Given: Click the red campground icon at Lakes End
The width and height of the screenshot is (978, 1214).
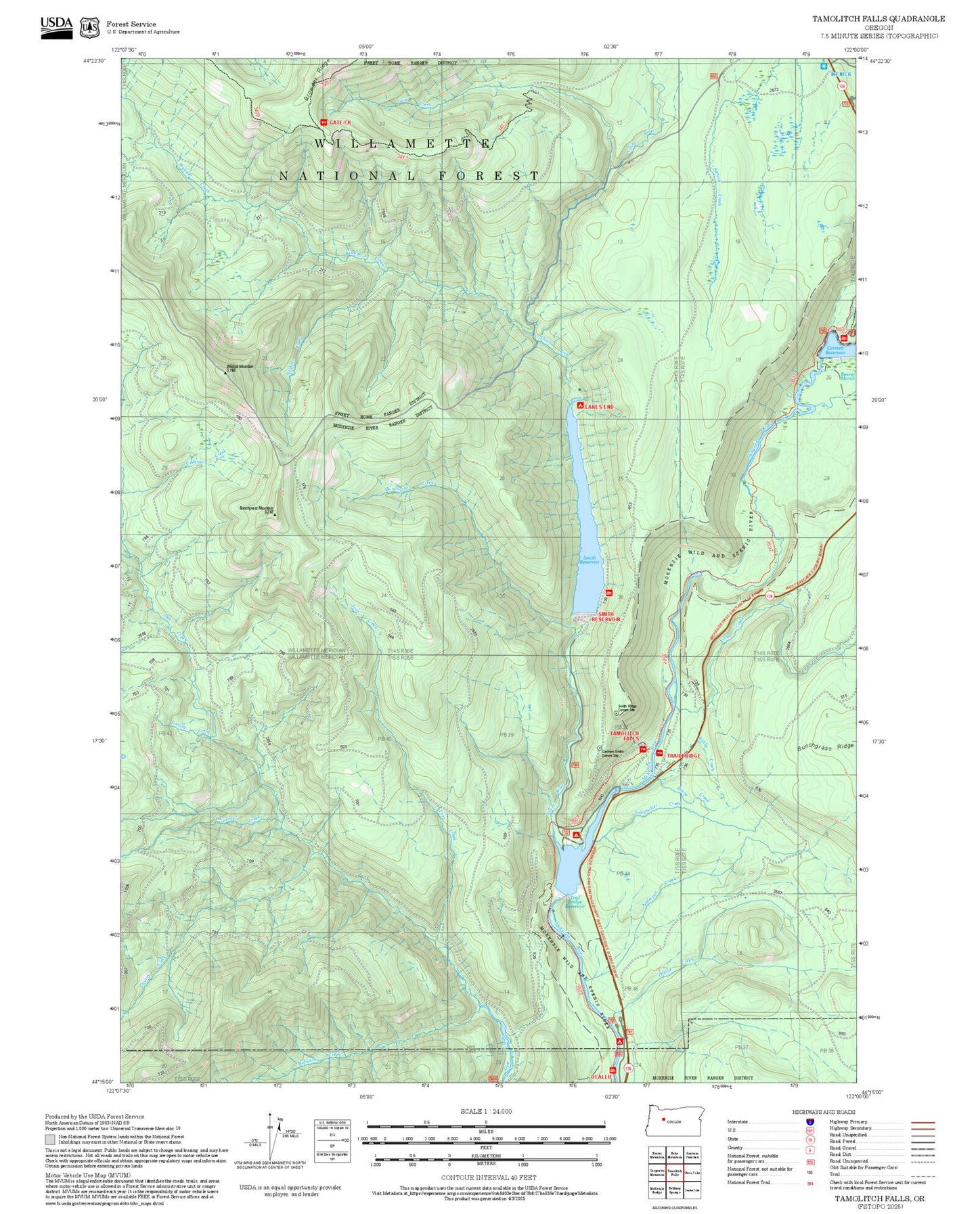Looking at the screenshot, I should coord(579,405).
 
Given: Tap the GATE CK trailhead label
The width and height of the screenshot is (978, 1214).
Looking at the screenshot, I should coord(340,122).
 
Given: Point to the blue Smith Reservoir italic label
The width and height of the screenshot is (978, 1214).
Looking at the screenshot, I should coord(590,560).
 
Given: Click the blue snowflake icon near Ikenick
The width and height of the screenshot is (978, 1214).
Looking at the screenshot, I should coord(824,66).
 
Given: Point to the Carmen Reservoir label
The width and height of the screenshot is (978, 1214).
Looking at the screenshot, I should coord(835,351).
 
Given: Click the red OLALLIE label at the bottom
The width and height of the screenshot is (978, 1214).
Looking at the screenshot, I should coord(602,1077).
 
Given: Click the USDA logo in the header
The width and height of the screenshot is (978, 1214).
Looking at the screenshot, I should coord(56,27).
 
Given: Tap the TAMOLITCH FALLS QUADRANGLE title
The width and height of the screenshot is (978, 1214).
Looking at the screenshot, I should coord(879,19).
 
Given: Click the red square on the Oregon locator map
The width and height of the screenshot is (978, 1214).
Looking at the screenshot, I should coord(663,1119).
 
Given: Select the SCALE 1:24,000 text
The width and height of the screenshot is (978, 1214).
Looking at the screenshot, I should coord(486,1111).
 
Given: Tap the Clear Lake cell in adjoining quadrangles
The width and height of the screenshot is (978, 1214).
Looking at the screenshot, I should coord(692,1173).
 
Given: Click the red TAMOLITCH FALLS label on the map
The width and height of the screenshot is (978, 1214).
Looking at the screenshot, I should coord(624,736).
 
